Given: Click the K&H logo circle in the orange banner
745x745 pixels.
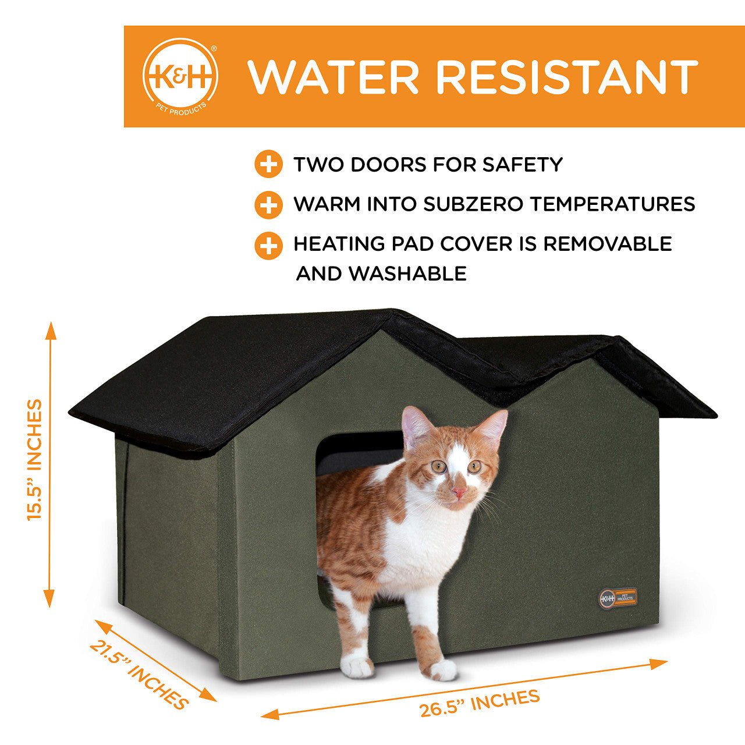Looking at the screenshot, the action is [180, 75].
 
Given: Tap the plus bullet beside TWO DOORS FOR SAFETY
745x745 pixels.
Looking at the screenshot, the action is [269, 164].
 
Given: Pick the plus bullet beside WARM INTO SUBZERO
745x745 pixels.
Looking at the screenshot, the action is [269, 205].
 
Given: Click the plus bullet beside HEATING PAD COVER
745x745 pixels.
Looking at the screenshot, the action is [269, 246].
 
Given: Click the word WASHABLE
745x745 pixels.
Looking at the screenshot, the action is [408, 274].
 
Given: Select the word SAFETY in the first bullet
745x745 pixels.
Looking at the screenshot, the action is [522, 164].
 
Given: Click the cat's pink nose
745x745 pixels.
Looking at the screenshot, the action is [459, 492].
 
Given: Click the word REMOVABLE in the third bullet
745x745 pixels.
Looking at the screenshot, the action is [608, 244].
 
